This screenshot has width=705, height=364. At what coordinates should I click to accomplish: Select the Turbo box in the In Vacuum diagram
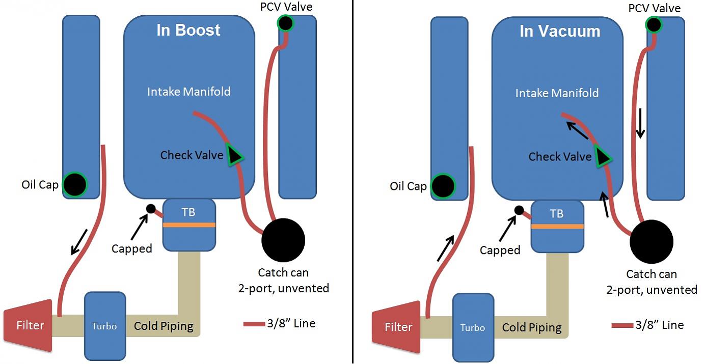pyautogui.click(x=473, y=327)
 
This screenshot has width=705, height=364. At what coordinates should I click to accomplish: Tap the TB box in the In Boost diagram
pyautogui.click(x=188, y=225)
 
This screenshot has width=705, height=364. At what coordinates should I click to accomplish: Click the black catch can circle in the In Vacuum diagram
pyautogui.click(x=651, y=242)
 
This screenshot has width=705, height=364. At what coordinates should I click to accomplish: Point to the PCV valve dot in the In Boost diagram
pyautogui.click(x=285, y=23)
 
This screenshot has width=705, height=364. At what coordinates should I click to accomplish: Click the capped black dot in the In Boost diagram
pyautogui.click(x=151, y=209)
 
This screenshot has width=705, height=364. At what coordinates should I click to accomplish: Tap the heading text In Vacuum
pyautogui.click(x=559, y=31)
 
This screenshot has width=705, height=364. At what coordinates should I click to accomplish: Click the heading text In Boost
pyautogui.click(x=188, y=30)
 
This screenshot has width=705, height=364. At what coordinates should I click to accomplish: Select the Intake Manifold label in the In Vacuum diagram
pyautogui.click(x=557, y=93)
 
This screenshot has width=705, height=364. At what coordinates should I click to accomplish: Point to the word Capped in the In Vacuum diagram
pyautogui.click(x=500, y=250)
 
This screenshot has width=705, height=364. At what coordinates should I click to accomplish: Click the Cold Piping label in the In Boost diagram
pyautogui.click(x=164, y=326)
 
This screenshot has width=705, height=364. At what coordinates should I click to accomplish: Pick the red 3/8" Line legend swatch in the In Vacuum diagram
pyautogui.click(x=622, y=325)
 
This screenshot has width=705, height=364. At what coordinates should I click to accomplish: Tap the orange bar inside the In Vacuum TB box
pyautogui.click(x=557, y=227)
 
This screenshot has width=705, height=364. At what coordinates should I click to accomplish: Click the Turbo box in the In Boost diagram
pyautogui.click(x=104, y=326)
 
